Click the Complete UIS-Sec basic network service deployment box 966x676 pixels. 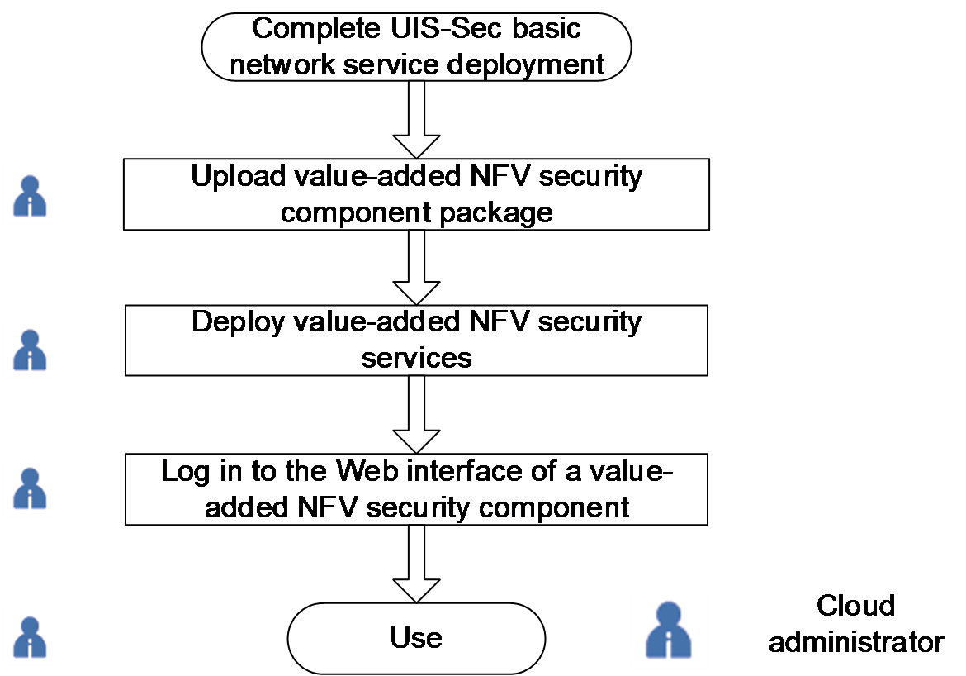pyautogui.click(x=416, y=45)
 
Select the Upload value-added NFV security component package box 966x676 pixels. pyautogui.click(x=416, y=194)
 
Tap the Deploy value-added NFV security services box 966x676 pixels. pyautogui.click(x=416, y=340)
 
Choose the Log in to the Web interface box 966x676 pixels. pyautogui.click(x=416, y=488)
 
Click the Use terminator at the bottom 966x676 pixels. pyautogui.click(x=416, y=638)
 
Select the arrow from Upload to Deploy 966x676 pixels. pyautogui.click(x=417, y=266)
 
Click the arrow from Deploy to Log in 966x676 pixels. pyautogui.click(x=417, y=413)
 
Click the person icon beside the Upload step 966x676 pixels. pyautogui.click(x=31, y=196)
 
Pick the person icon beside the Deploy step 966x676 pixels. pyautogui.click(x=31, y=350)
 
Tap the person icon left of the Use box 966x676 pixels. pyautogui.click(x=31, y=637)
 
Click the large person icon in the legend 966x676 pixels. pyautogui.click(x=670, y=630)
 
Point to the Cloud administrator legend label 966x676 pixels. pyautogui.click(x=855, y=624)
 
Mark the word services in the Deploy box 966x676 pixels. pyautogui.click(x=416, y=357)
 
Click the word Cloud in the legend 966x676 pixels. pyautogui.click(x=855, y=606)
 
